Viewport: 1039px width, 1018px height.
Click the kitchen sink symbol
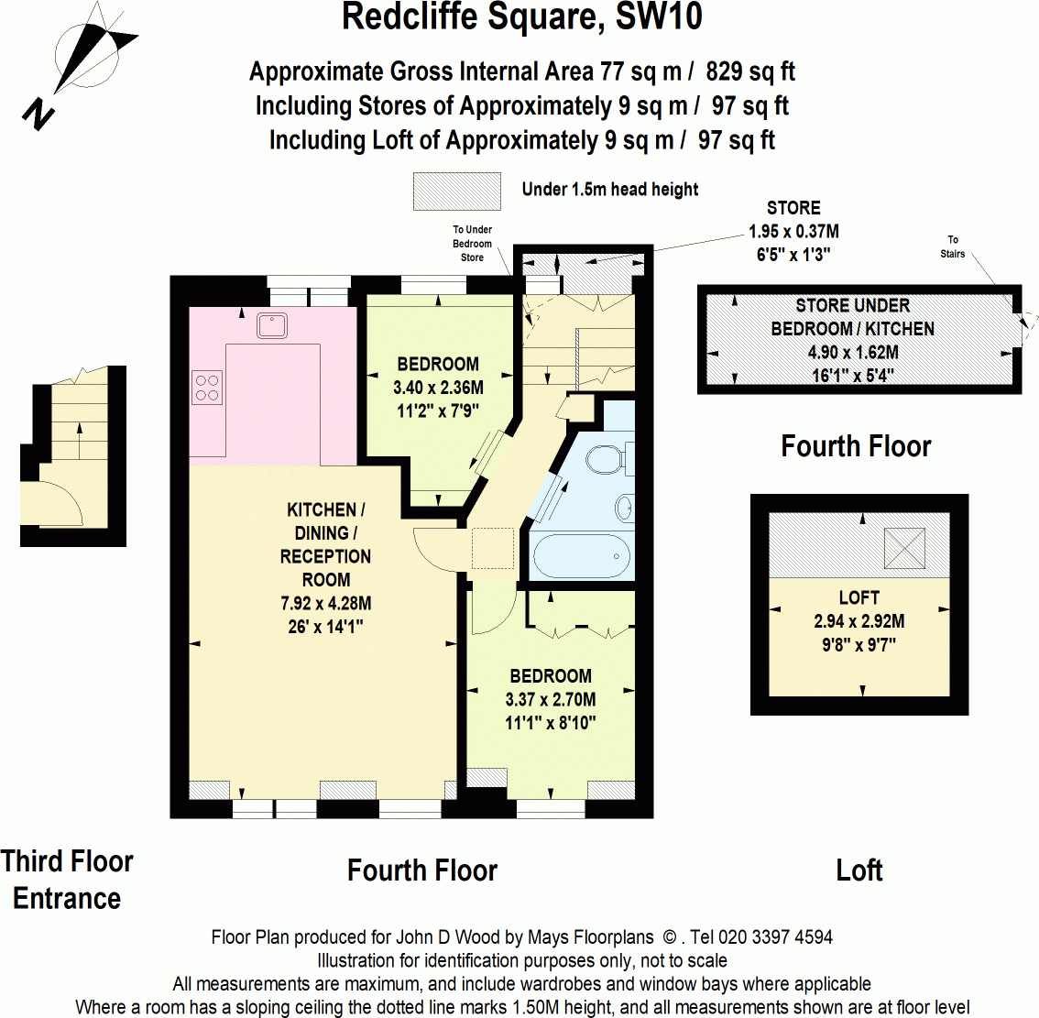click(273, 325)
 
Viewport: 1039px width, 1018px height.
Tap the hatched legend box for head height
click(457, 191)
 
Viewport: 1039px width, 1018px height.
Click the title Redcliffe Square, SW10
click(522, 17)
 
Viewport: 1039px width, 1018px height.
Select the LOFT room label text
click(859, 597)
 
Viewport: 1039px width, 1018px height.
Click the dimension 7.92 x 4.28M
click(325, 603)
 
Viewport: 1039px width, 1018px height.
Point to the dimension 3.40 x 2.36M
click(438, 388)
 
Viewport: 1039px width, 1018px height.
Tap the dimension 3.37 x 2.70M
click(550, 699)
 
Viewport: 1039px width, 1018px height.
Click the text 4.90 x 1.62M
click(853, 352)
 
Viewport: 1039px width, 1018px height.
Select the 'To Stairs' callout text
click(953, 246)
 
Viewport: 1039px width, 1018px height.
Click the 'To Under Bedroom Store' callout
click(472, 244)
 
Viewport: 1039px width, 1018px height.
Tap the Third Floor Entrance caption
click(67, 880)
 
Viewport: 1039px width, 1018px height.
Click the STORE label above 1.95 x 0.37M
click(793, 208)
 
